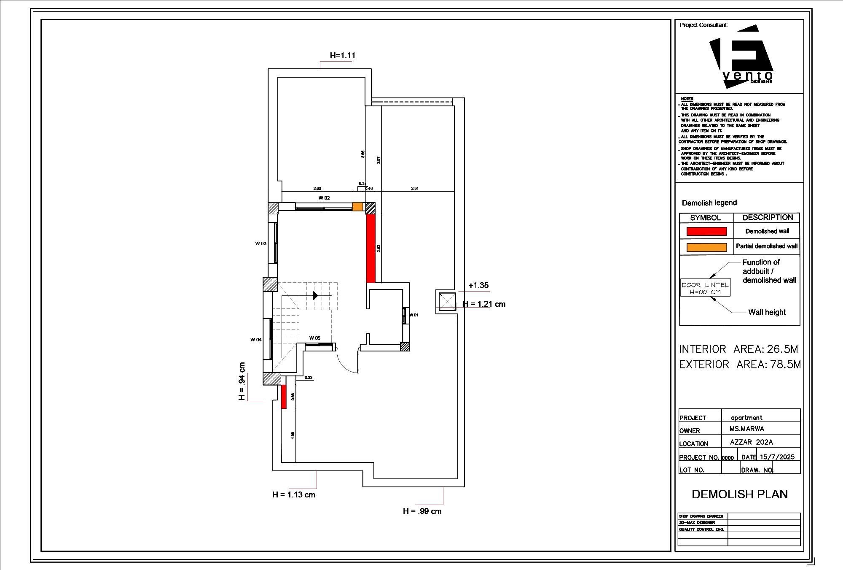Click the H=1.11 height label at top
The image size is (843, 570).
point(342,55)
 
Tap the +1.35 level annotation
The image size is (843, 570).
point(478,286)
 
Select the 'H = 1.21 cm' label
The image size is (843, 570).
point(484,304)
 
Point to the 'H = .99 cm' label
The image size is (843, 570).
point(422,511)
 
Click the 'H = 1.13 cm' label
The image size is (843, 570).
point(293,495)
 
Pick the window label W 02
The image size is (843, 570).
point(324,198)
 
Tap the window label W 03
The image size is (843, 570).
point(260,243)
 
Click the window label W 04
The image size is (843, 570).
point(256,340)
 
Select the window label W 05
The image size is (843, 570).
point(314,338)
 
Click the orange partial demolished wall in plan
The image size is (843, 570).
point(357,207)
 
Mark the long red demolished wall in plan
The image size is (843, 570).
point(370,248)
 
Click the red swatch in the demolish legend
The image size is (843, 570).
point(706,231)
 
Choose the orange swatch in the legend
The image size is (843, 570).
point(706,247)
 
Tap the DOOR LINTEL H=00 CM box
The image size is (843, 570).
point(705,288)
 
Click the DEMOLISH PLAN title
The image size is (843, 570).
point(740,494)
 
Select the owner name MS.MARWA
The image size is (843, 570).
point(746,429)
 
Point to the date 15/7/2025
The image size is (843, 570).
point(777,457)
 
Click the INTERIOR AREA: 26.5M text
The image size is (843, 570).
point(738,349)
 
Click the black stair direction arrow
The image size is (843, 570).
point(316,295)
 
